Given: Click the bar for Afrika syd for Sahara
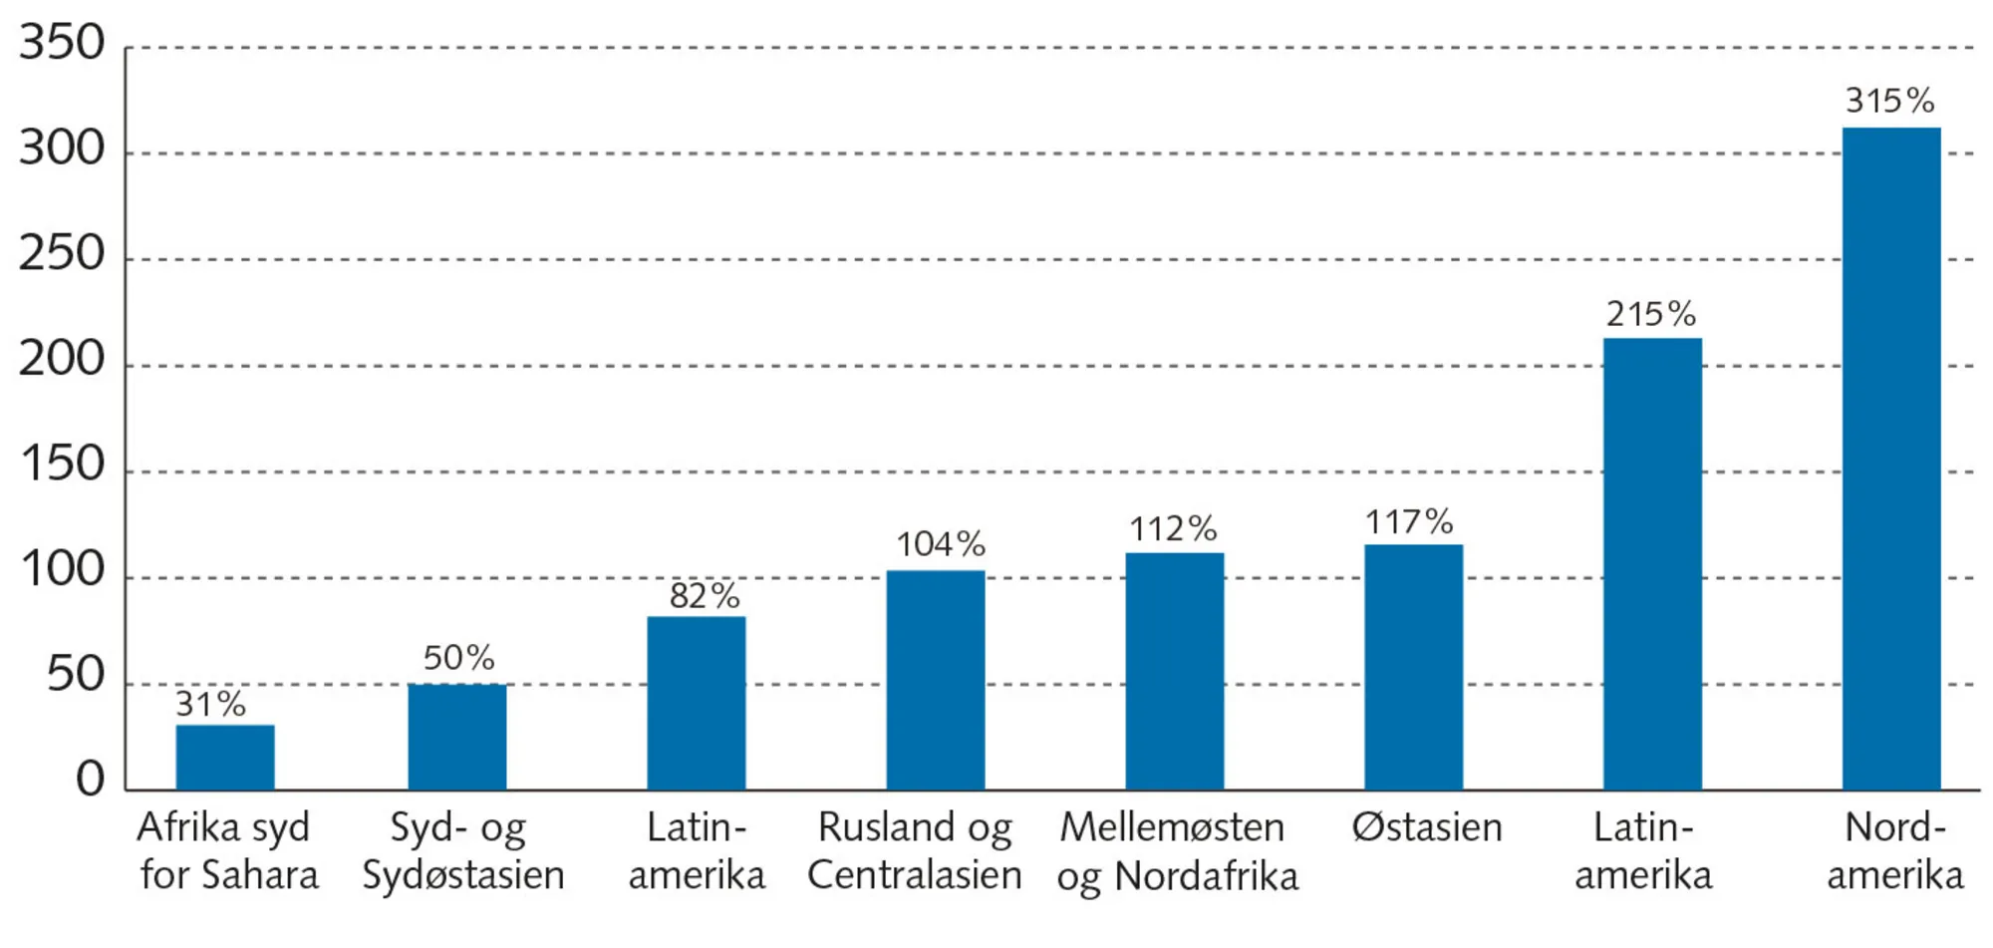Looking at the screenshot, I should click(225, 758).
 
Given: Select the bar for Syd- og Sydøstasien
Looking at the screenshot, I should click(457, 738).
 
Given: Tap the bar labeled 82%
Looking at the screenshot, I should click(697, 704).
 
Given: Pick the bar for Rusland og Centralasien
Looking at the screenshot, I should click(936, 681).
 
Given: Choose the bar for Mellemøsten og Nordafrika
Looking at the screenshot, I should click(1175, 672).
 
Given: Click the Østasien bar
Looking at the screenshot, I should click(1414, 668).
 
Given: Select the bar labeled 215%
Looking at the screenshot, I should click(1652, 564).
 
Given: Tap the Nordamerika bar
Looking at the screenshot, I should click(1891, 459).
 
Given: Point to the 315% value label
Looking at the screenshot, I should click(1889, 101).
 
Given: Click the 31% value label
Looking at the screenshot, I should click(210, 705).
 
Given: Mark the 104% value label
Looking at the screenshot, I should click(940, 544).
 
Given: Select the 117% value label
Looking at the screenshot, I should click(1409, 521).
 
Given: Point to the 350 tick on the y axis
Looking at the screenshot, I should click(62, 44).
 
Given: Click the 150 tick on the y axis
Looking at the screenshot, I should click(62, 466).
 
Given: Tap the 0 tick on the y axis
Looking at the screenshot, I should click(90, 780).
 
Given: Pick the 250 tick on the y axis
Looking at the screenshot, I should click(62, 254).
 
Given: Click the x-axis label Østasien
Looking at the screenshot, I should click(1426, 827).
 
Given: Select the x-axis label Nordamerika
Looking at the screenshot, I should click(1894, 851).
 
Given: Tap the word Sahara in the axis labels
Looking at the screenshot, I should click(259, 875).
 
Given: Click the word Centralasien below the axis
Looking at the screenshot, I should click(914, 875).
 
